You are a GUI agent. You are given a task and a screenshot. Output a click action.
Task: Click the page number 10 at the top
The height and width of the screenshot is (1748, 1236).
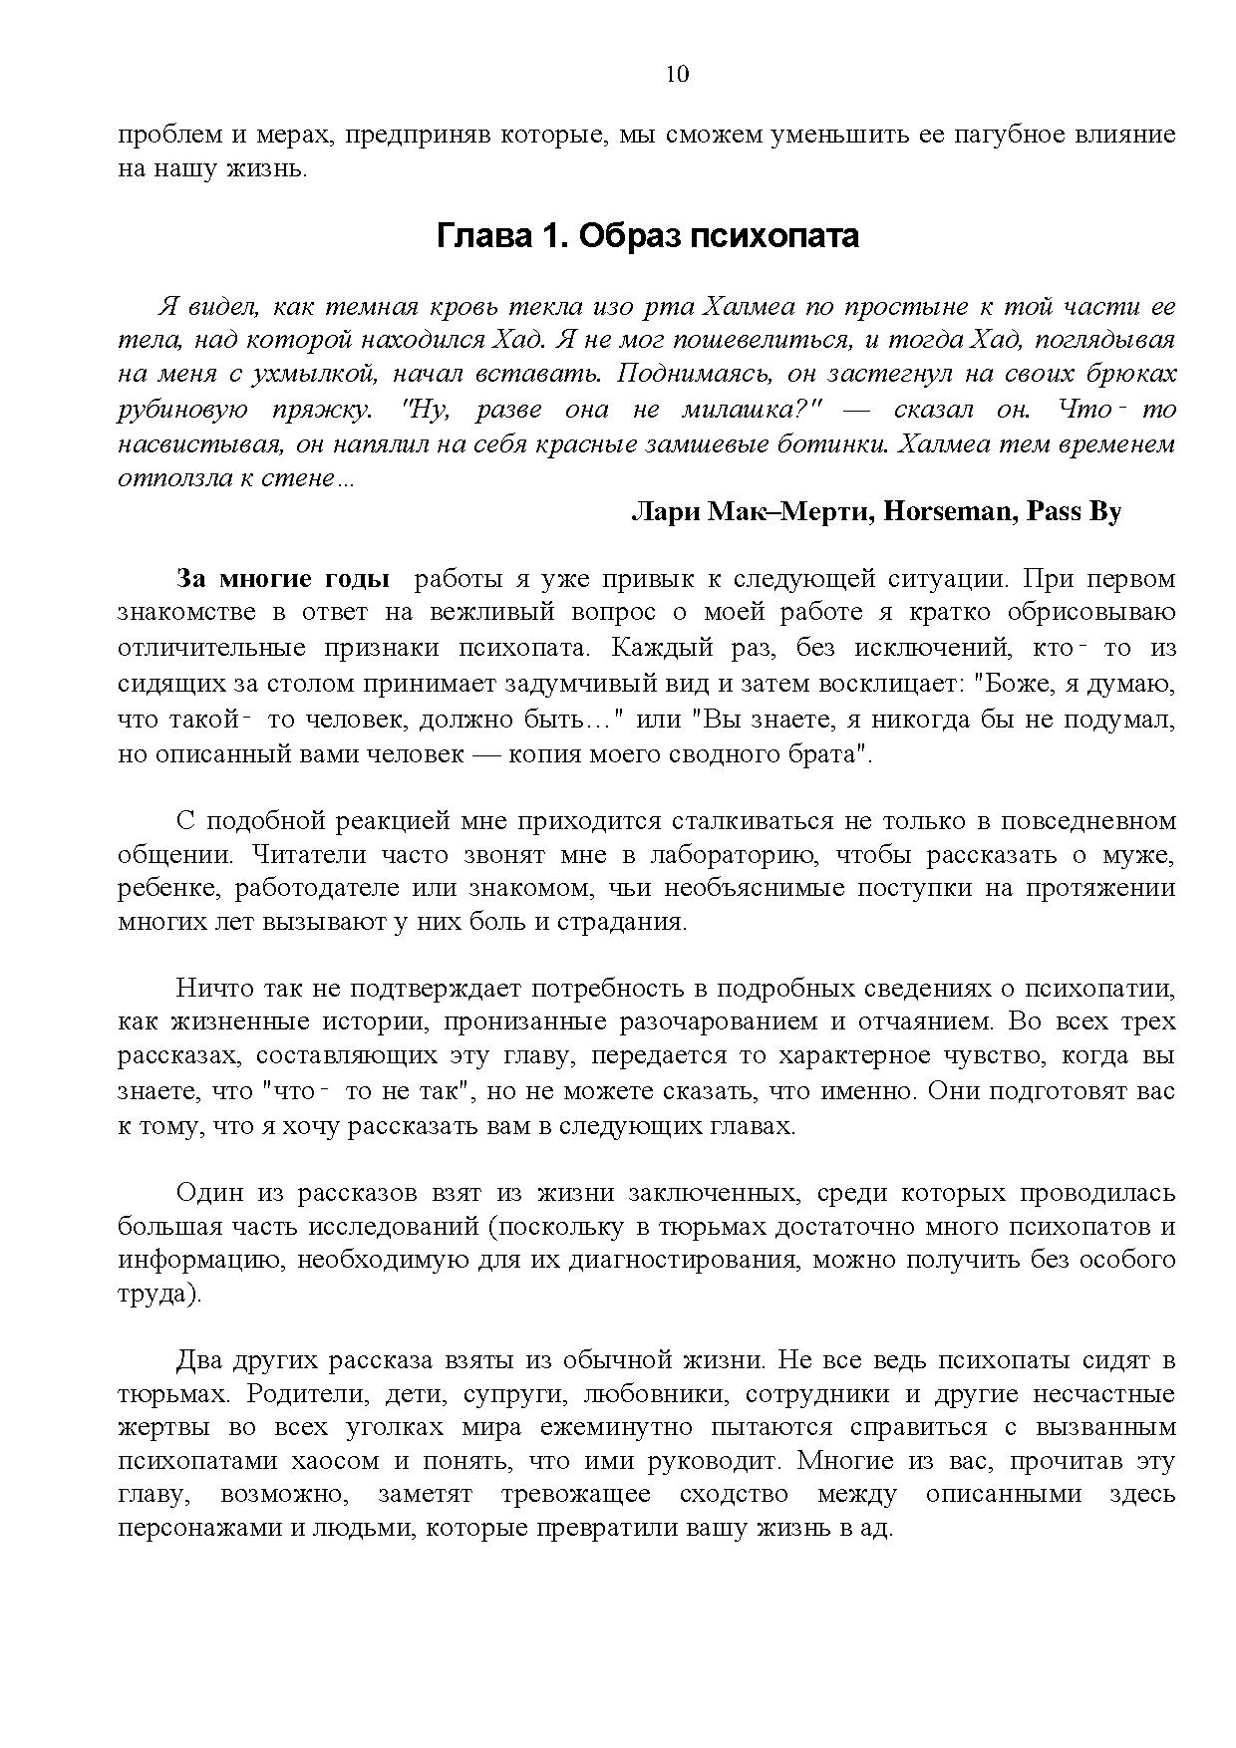[676, 75]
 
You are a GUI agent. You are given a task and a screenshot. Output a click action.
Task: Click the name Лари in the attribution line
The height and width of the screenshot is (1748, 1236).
[665, 512]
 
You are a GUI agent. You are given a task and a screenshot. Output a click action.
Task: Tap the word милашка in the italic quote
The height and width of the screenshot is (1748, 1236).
[742, 410]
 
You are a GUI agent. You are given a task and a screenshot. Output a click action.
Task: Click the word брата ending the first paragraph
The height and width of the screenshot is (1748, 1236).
[834, 753]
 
